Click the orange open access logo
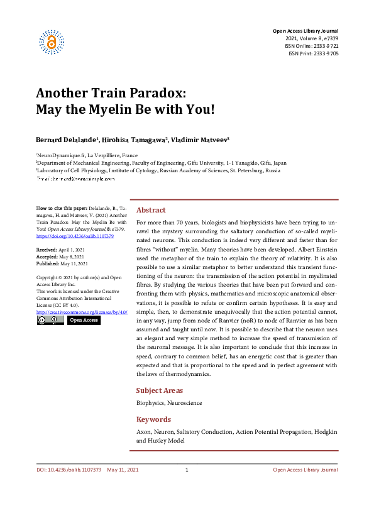click(x=51, y=41)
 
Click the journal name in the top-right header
click(x=305, y=31)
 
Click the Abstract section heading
click(x=151, y=210)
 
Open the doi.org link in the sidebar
click(x=66, y=236)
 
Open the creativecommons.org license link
click(x=82, y=312)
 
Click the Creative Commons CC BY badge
click(x=50, y=320)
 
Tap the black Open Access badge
click(x=84, y=320)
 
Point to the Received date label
click(x=47, y=250)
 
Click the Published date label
click(x=48, y=263)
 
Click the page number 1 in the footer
click(x=187, y=470)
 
